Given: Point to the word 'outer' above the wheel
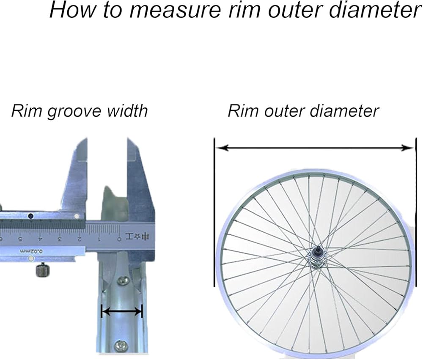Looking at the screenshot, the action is [x=282, y=111].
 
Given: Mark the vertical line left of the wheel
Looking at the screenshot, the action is [x=214, y=212].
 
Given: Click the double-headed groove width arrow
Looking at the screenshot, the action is [x=122, y=312].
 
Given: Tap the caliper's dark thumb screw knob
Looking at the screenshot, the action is [x=42, y=269].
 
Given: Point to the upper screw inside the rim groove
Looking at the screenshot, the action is [x=124, y=280].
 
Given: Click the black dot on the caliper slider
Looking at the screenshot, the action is [x=30, y=216].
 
